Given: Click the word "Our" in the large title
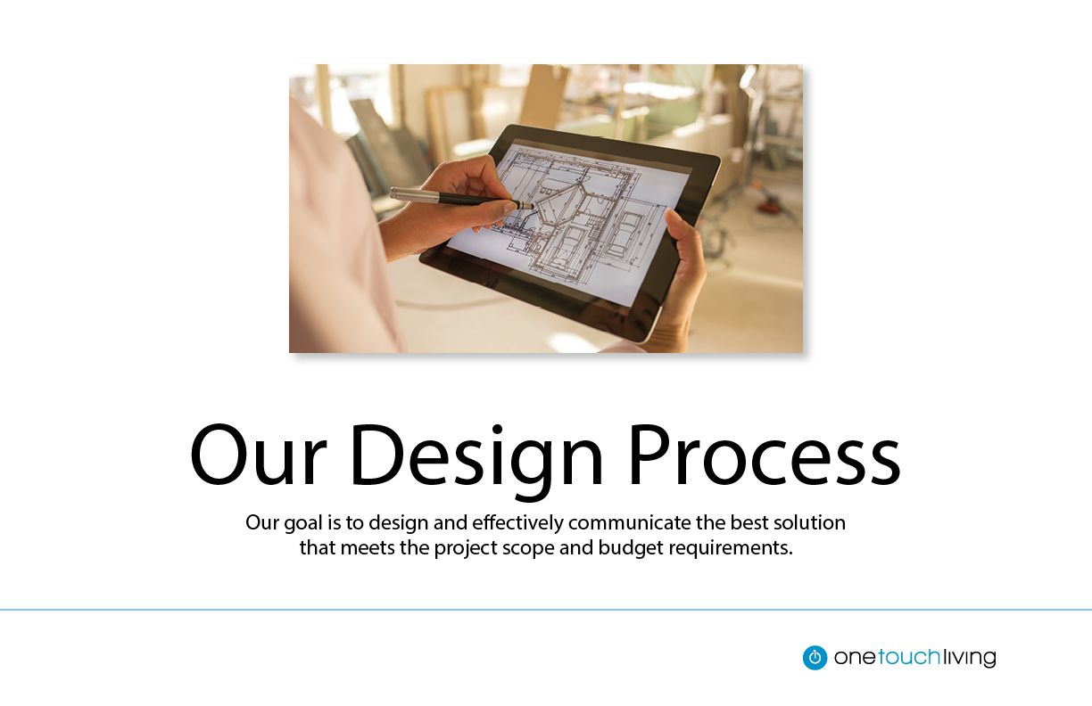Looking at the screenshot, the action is [x=259, y=455].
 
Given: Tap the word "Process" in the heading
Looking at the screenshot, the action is [x=765, y=455].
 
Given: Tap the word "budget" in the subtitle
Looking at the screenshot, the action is [x=631, y=548].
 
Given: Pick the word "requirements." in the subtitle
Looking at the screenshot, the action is [x=731, y=548].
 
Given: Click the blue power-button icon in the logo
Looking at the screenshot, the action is [x=815, y=657].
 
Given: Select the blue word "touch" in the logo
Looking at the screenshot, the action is [x=909, y=657].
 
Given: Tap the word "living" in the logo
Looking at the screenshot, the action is [x=969, y=658].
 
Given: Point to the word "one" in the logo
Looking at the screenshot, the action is [x=856, y=658].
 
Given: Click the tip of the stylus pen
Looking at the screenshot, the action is [x=533, y=207].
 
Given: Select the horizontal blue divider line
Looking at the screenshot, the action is [x=546, y=610].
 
